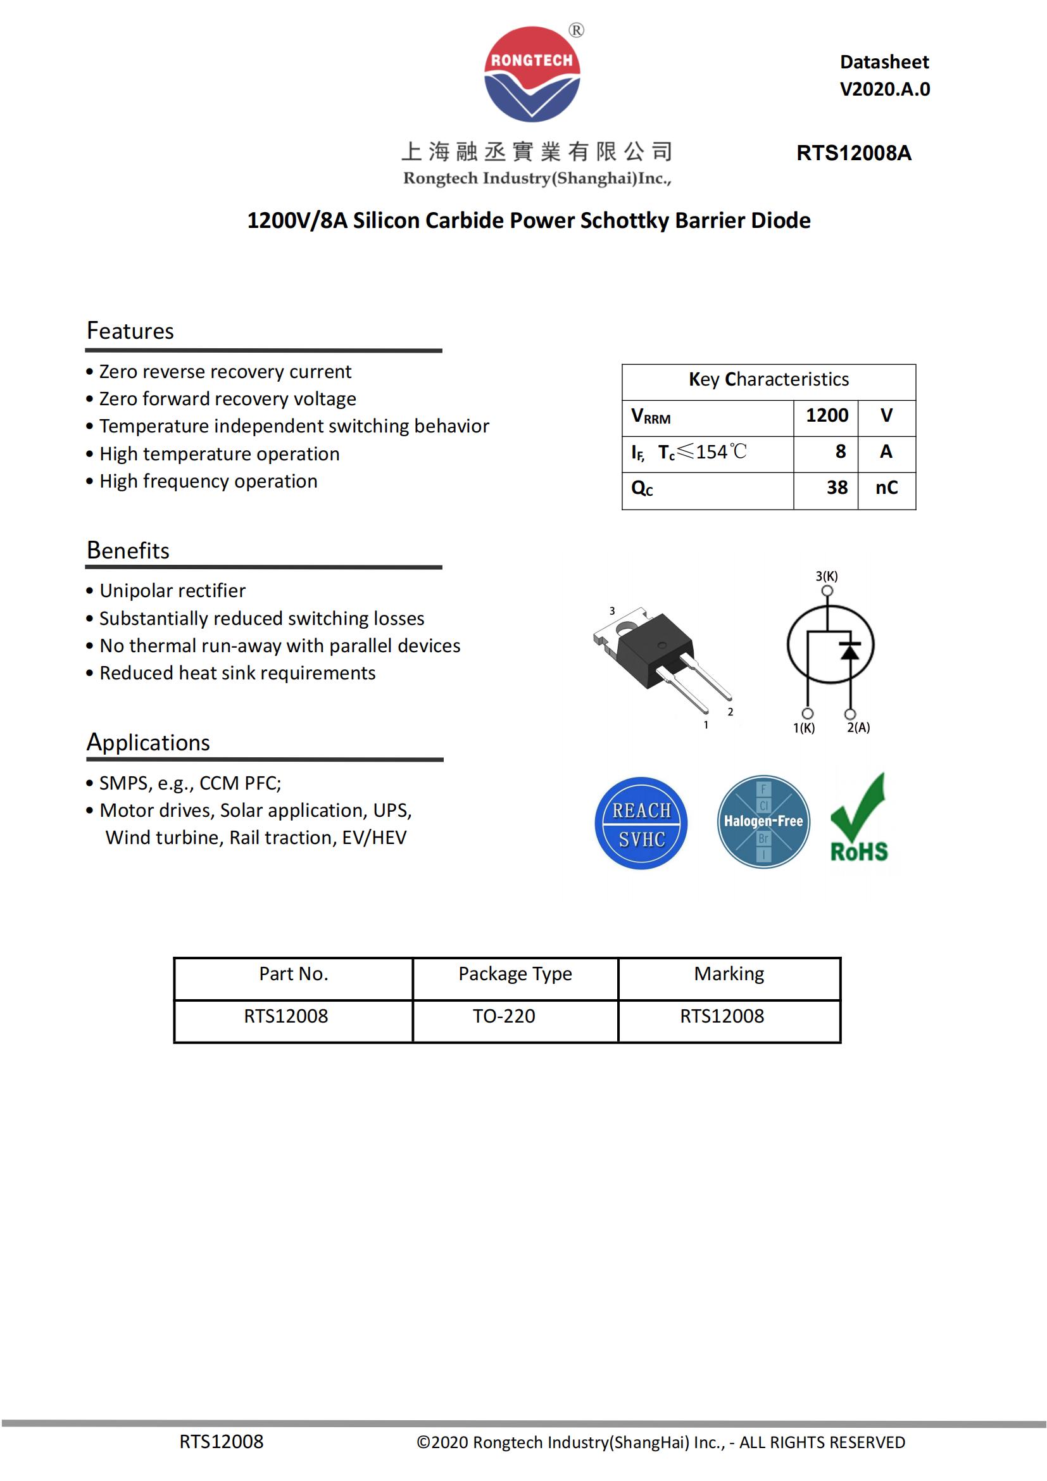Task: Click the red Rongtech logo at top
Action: click(x=532, y=74)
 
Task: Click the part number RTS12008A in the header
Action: click(x=853, y=153)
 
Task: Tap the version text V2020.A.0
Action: click(x=884, y=89)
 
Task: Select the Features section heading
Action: click(x=130, y=331)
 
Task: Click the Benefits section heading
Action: click(x=128, y=550)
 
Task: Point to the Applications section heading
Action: click(x=148, y=743)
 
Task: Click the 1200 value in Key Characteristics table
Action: click(x=827, y=415)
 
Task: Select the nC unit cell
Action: click(x=886, y=488)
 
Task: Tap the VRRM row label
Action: click(x=651, y=417)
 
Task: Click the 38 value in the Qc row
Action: click(x=837, y=488)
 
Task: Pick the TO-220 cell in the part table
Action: click(x=503, y=1016)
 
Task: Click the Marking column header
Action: click(x=729, y=973)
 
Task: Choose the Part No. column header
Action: click(x=293, y=973)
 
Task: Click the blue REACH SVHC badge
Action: click(x=641, y=823)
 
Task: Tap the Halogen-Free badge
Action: click(x=763, y=822)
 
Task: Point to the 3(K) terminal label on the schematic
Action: click(x=827, y=576)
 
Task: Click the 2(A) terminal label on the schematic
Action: click(x=858, y=728)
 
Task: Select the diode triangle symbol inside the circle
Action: click(x=850, y=652)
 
